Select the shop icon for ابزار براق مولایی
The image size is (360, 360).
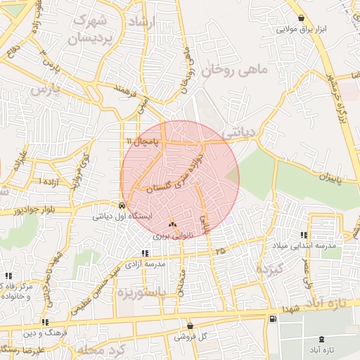(301, 18)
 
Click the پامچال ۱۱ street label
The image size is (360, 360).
(143, 141)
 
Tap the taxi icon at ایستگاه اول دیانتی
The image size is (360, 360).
(123, 206)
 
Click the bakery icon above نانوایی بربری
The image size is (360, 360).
(172, 224)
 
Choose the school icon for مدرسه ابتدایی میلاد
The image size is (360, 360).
(304, 234)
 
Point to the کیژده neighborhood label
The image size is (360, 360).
(269, 269)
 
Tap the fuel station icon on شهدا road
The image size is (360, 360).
(272, 319)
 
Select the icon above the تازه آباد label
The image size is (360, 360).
(322, 338)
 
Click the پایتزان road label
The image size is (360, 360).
(327, 179)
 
